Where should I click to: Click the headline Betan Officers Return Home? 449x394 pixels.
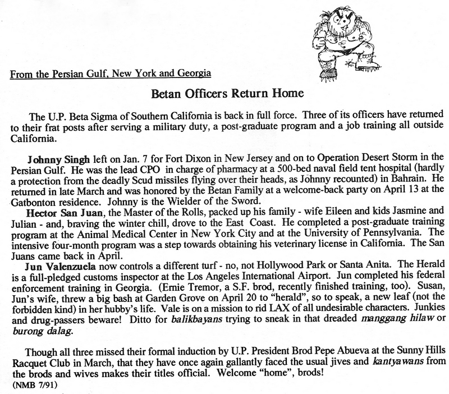[224, 93]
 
